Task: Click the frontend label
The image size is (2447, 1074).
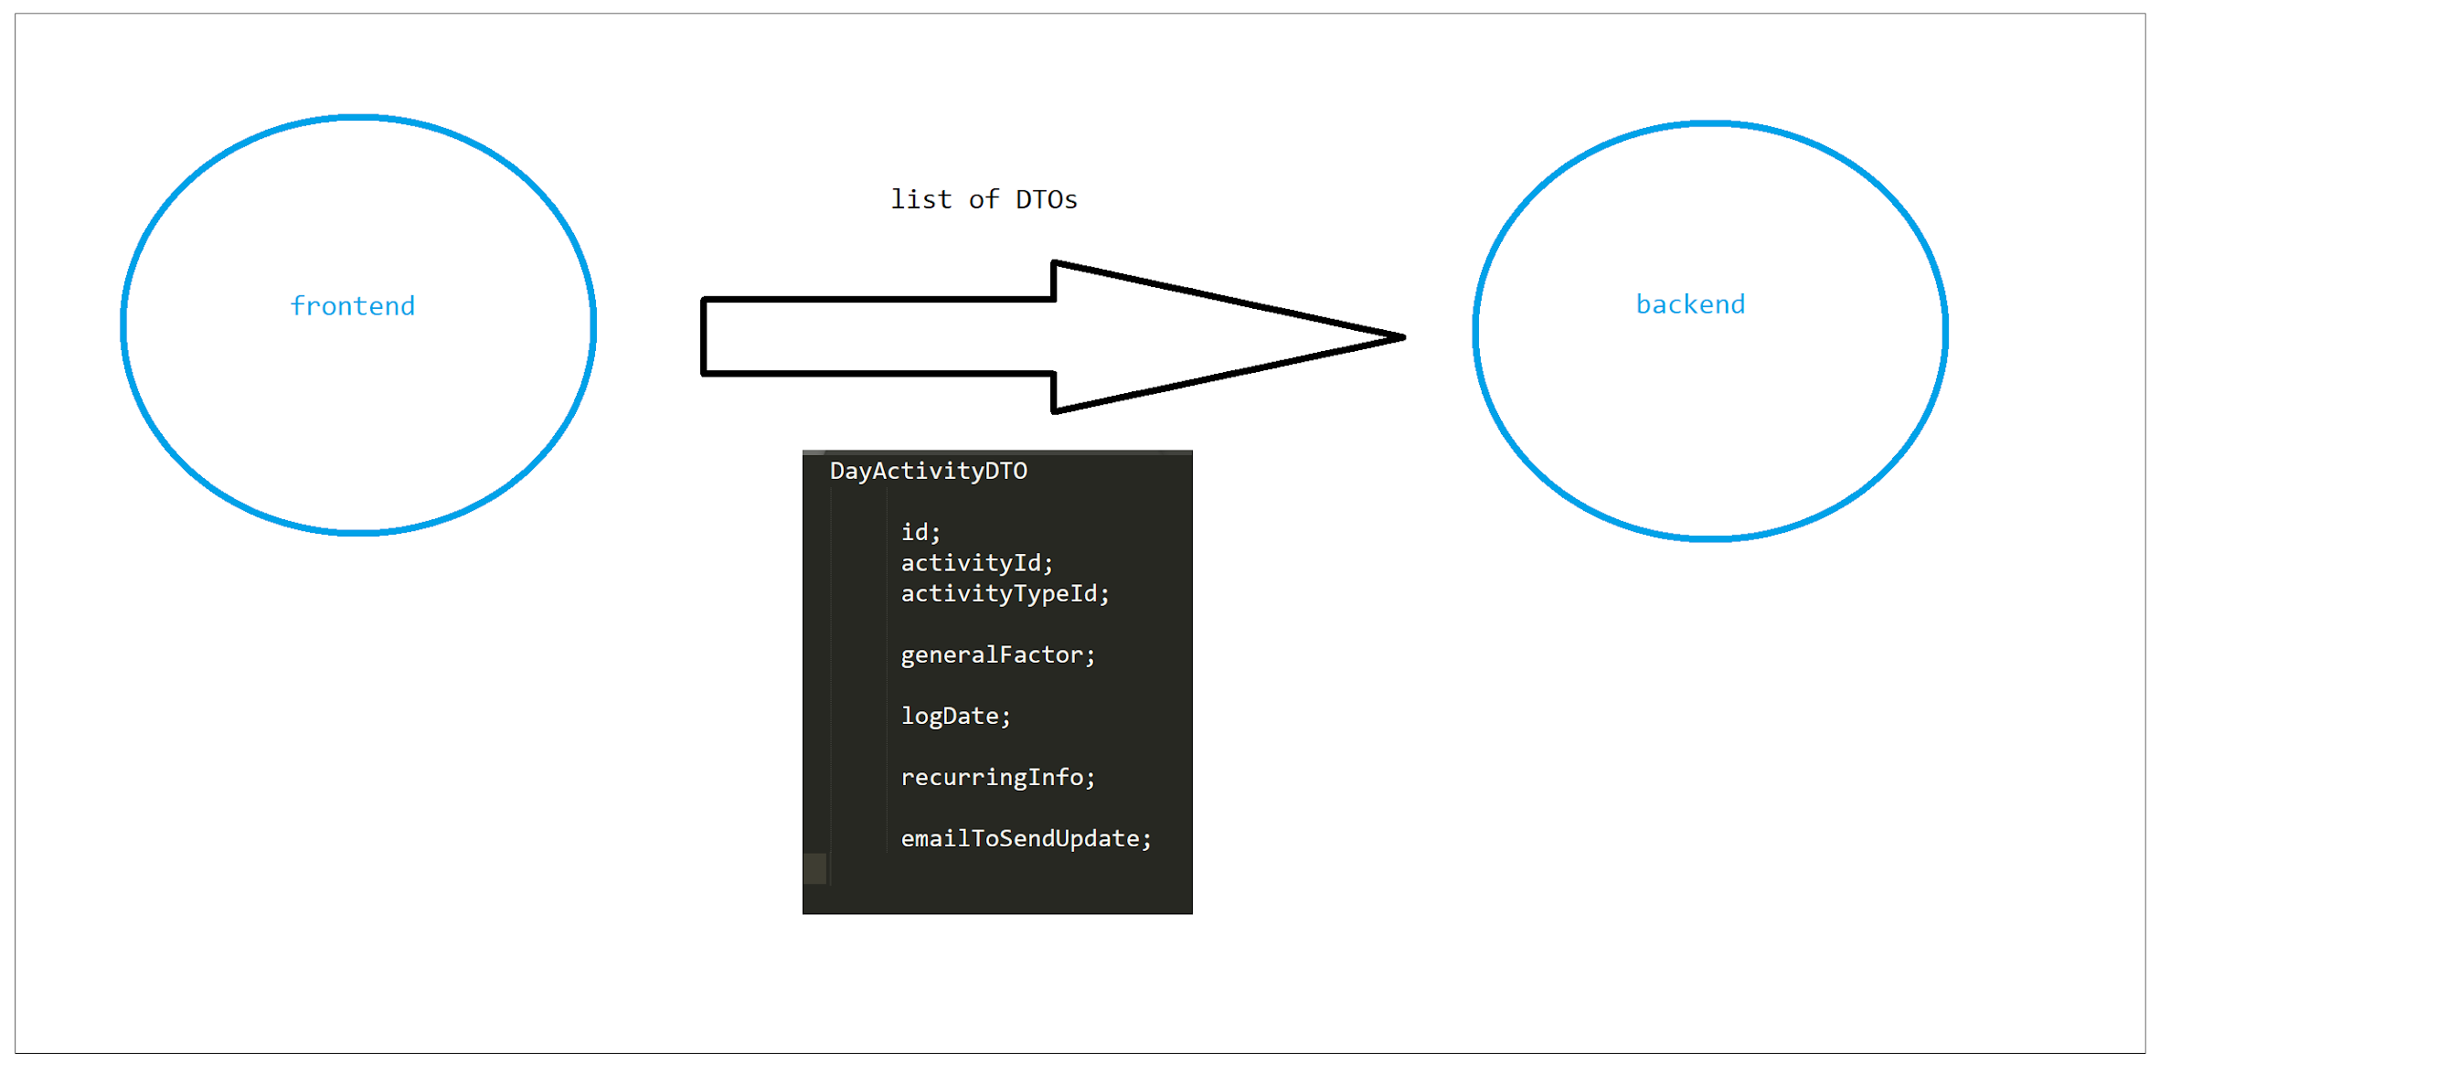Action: point(353,306)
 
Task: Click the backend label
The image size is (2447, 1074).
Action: point(1690,303)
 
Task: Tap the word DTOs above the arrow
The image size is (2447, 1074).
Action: point(1046,199)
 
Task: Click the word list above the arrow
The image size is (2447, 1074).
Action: point(920,199)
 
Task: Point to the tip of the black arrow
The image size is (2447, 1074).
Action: point(1400,337)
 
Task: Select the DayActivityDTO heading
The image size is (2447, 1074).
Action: point(928,471)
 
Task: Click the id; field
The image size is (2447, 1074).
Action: point(920,532)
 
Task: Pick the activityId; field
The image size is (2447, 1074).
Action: point(976,563)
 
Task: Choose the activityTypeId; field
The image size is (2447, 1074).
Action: point(1004,593)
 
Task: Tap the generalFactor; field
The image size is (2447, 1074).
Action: point(997,655)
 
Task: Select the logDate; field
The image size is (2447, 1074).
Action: point(954,716)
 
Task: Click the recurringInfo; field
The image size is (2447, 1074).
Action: point(997,778)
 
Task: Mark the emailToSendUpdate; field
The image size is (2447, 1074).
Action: point(1025,838)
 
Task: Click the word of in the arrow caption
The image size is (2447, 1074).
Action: point(984,199)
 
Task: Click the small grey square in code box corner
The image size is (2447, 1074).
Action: point(814,868)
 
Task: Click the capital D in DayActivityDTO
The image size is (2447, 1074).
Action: point(837,471)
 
